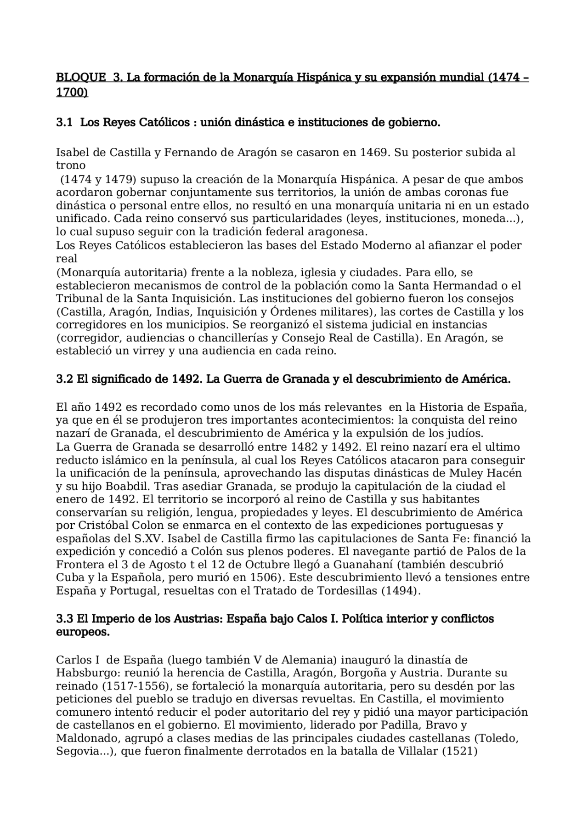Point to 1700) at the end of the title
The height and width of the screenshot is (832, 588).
coord(72,92)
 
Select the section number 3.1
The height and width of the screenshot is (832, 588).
coord(64,123)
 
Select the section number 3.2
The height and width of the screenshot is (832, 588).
coord(64,379)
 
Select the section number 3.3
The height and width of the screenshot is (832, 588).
coord(64,619)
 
